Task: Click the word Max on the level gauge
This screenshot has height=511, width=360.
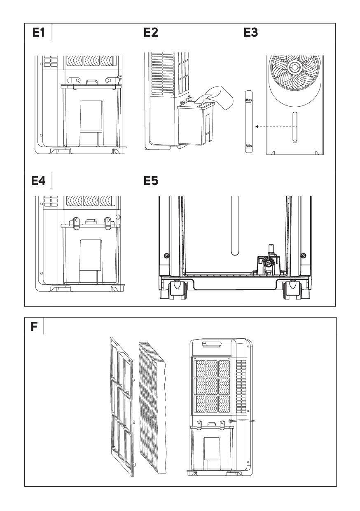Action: pyautogui.click(x=248, y=100)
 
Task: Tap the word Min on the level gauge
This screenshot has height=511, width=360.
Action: pyautogui.click(x=248, y=146)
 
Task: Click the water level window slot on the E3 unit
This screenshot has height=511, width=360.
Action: pyautogui.click(x=295, y=127)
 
